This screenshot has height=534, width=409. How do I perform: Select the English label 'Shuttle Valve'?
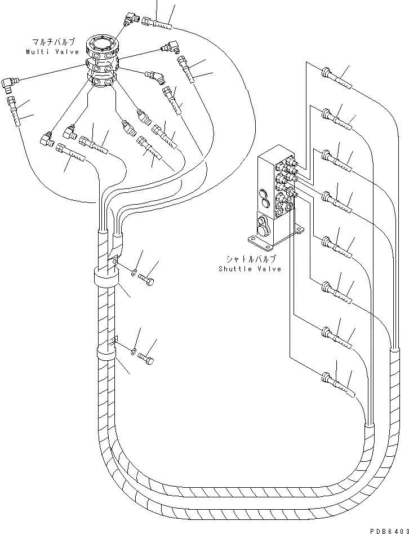coord(250,268)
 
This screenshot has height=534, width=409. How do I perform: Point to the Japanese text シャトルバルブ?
coord(251,259)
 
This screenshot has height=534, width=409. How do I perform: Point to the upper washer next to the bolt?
coord(134,274)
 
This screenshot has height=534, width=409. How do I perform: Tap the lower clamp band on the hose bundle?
coord(105,356)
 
